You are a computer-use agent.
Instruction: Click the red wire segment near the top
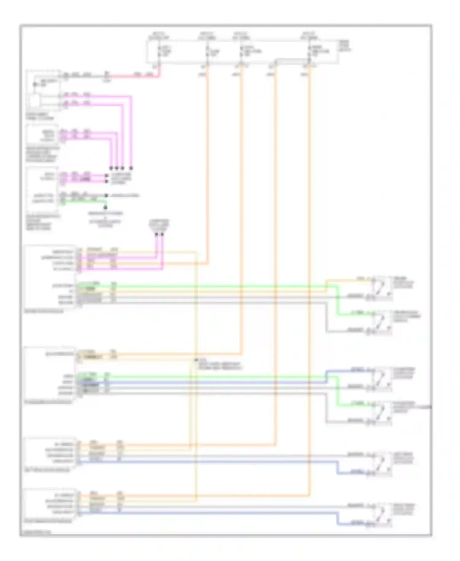135,75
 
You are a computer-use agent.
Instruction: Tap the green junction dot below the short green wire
105,207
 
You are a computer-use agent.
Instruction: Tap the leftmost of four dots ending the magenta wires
111,168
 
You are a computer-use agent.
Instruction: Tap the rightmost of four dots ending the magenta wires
131,168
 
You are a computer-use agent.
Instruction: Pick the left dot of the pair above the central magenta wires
156,235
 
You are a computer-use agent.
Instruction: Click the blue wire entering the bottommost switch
353,524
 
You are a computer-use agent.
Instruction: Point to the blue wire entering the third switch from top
347,371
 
